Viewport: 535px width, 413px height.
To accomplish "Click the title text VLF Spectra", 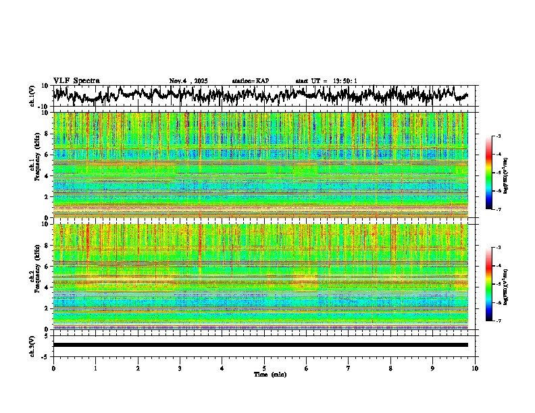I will (x=76, y=80).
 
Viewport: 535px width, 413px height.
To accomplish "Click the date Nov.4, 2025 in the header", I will (x=191, y=81).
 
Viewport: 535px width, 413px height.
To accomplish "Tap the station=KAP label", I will (x=251, y=81).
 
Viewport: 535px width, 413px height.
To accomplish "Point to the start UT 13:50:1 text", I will (x=326, y=81).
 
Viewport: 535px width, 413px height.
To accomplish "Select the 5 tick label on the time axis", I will (x=264, y=368).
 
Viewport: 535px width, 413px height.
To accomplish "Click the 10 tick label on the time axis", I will (x=475, y=368).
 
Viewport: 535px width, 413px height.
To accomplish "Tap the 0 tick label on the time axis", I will (x=53, y=368).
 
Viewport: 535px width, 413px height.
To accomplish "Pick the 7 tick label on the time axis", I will (x=349, y=368).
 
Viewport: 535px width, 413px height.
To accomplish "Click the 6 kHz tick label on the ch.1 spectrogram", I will (x=45, y=155).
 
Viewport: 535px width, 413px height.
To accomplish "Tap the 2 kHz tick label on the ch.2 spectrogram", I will (x=45, y=308).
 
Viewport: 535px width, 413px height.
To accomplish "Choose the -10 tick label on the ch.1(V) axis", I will (x=43, y=107).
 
